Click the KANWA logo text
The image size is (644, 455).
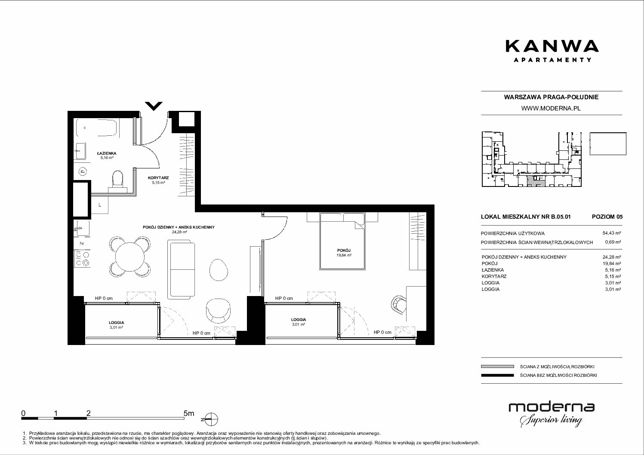pyautogui.click(x=552, y=46)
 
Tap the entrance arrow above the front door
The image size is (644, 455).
pyautogui.click(x=154, y=106)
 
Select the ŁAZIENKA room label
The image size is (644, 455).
pyautogui.click(x=107, y=153)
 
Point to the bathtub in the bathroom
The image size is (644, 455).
pyautogui.click(x=97, y=128)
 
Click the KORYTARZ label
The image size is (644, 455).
pyautogui.click(x=158, y=178)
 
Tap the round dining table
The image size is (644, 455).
pyautogui.click(x=130, y=257)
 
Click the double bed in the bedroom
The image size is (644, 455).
pyautogui.click(x=342, y=241)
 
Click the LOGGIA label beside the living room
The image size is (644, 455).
pyautogui.click(x=117, y=322)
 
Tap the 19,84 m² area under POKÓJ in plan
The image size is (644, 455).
pyautogui.click(x=344, y=255)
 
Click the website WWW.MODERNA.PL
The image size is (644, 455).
pyautogui.click(x=551, y=108)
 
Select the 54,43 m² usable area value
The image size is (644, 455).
pyautogui.click(x=611, y=233)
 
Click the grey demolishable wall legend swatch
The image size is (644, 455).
pyautogui.click(x=497, y=366)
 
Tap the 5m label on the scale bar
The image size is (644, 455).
pyautogui.click(x=189, y=413)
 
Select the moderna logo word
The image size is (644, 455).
pyautogui.click(x=552, y=407)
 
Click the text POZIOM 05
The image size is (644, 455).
pyautogui.click(x=607, y=217)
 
